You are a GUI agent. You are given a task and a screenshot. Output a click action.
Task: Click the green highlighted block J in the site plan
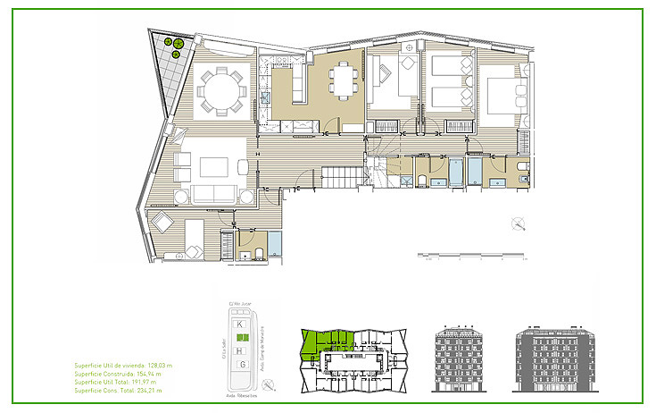[x=241, y=337]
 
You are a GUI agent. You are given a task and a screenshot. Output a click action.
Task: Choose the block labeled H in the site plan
[x=241, y=351]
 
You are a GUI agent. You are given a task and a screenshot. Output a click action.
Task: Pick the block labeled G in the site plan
[x=241, y=365]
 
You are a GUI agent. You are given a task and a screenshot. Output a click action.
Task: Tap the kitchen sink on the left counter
[x=265, y=99]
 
